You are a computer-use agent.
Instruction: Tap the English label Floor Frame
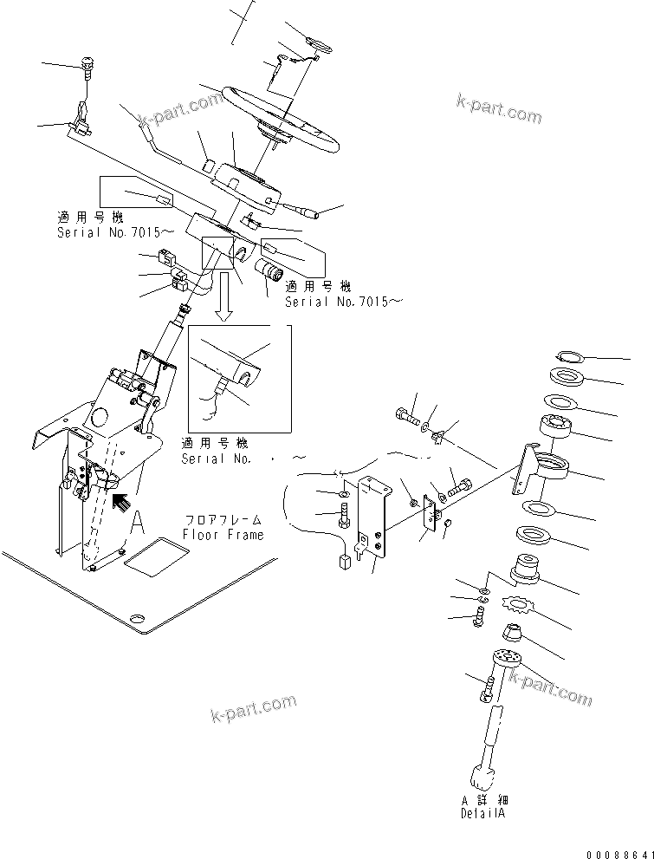click(223, 535)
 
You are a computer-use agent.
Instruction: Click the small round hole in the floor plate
click(136, 618)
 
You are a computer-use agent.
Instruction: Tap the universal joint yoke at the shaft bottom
click(483, 777)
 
